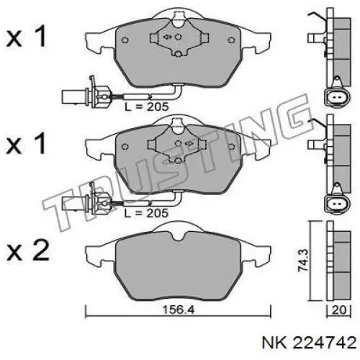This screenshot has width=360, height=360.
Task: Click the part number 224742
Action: click(325, 343)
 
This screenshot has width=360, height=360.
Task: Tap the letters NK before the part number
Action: click(274, 343)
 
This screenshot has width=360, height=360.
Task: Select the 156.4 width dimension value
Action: click(179, 310)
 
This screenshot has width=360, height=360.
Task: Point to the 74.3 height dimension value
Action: click(303, 260)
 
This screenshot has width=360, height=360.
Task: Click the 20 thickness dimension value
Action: click(339, 310)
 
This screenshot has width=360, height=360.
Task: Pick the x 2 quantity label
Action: click(28, 251)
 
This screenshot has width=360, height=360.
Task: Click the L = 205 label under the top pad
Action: click(146, 107)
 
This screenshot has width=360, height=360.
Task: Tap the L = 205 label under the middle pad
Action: click(146, 213)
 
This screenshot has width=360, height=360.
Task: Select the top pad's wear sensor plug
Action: click(86, 95)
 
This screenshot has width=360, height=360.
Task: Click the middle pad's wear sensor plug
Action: click(86, 202)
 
